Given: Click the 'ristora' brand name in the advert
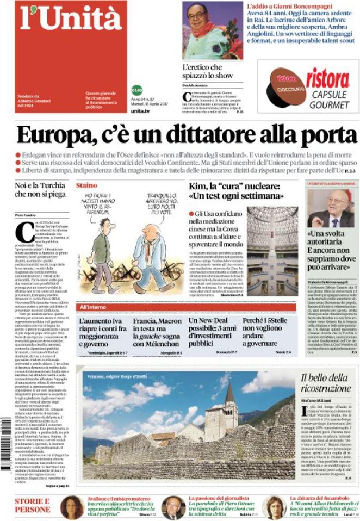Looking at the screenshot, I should [x=327, y=79].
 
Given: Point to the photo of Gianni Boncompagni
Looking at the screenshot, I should [x=212, y=30].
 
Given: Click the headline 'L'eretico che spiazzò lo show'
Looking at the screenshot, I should [x=202, y=71].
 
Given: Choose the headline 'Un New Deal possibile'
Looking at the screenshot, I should [x=213, y=329].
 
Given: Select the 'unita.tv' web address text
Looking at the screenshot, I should [x=140, y=110].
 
